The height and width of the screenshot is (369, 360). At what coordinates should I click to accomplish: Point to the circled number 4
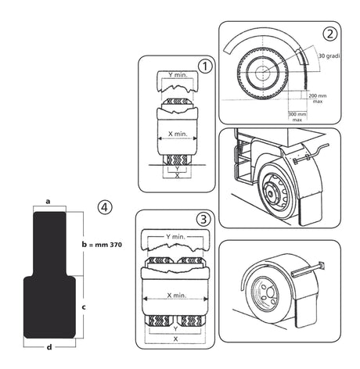click(103, 207)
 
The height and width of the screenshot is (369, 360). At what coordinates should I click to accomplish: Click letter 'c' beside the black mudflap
click(83, 306)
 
